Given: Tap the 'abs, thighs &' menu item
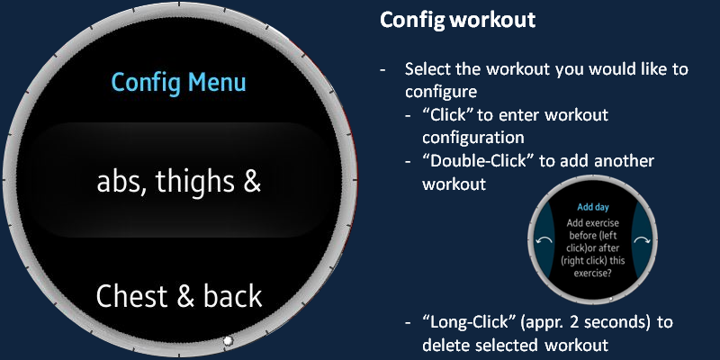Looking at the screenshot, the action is [178, 182].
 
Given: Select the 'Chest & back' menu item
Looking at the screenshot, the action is [179, 296].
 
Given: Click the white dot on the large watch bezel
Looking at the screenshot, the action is [228, 341].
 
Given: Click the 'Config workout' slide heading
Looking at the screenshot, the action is [457, 20].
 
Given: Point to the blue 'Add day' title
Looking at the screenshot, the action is [593, 207].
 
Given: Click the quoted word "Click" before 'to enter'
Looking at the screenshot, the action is [447, 115].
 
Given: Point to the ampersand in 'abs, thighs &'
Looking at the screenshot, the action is [252, 182].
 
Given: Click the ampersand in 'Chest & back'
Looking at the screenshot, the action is [185, 297].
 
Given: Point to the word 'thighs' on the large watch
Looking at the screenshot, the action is [195, 183].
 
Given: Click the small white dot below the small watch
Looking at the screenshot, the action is [610, 299].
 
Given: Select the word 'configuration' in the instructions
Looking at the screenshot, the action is [473, 138].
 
